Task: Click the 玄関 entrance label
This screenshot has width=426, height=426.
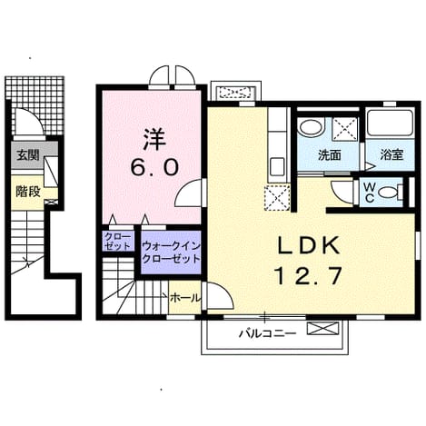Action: click(28, 155)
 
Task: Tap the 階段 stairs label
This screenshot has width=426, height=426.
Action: click(28, 192)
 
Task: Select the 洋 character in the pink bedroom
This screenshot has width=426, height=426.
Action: click(154, 140)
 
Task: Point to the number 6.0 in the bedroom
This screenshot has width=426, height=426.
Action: click(154, 168)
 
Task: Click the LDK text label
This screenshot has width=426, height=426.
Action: click(308, 246)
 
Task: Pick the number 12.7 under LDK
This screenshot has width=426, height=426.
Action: click(308, 276)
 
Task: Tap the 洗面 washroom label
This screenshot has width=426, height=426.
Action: click(330, 155)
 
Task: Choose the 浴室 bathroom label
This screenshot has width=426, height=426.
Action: click(391, 154)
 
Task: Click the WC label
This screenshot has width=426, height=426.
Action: click(369, 193)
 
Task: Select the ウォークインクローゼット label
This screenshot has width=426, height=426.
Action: click(172, 253)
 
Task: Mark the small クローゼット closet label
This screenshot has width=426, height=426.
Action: click(118, 242)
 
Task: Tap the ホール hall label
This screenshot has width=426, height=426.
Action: click(185, 298)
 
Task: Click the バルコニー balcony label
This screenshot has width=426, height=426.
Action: click(268, 333)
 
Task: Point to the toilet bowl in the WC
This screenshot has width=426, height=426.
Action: click(390, 192)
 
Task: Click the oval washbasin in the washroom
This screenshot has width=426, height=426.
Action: click(311, 128)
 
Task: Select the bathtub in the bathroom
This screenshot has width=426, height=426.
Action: click(390, 124)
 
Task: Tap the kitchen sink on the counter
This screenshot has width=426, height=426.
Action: click(277, 166)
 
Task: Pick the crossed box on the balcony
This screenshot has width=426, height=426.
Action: click(322, 329)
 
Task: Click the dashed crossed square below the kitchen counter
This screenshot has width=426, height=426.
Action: click(277, 197)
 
